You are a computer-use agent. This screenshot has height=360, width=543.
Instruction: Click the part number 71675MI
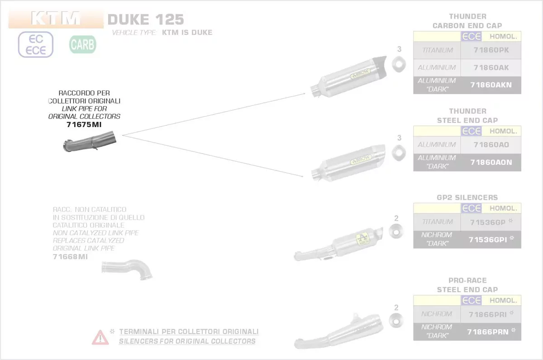pos(84,125)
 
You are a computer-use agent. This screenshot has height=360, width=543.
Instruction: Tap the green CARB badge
pos(82,44)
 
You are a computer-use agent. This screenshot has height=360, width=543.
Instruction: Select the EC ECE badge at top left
pos(36,44)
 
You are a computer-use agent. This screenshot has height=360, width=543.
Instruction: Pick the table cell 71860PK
pos(491,50)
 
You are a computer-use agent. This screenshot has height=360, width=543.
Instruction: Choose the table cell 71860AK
pos(491,67)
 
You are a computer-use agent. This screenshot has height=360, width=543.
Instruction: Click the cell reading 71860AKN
pos(491,85)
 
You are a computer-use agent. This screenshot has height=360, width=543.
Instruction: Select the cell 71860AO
pos(491,145)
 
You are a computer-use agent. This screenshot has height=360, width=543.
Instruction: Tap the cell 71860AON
pos(491,162)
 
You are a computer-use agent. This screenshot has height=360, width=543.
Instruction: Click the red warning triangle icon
pos(100,337)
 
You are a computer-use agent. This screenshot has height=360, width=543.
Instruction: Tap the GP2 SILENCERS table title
pos(467,197)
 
